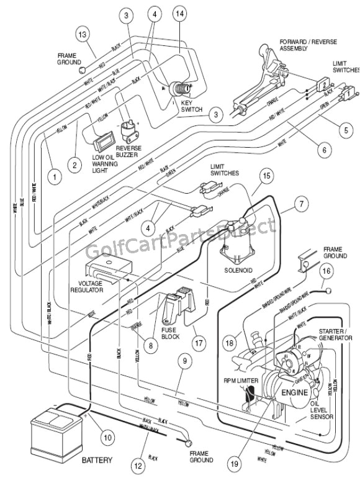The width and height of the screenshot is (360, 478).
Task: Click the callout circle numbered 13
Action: click(x=83, y=34)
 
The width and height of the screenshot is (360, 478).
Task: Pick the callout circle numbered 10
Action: click(x=107, y=438)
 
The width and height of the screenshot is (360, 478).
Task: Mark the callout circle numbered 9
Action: click(x=183, y=359)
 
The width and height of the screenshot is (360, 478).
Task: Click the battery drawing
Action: click(x=56, y=429)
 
